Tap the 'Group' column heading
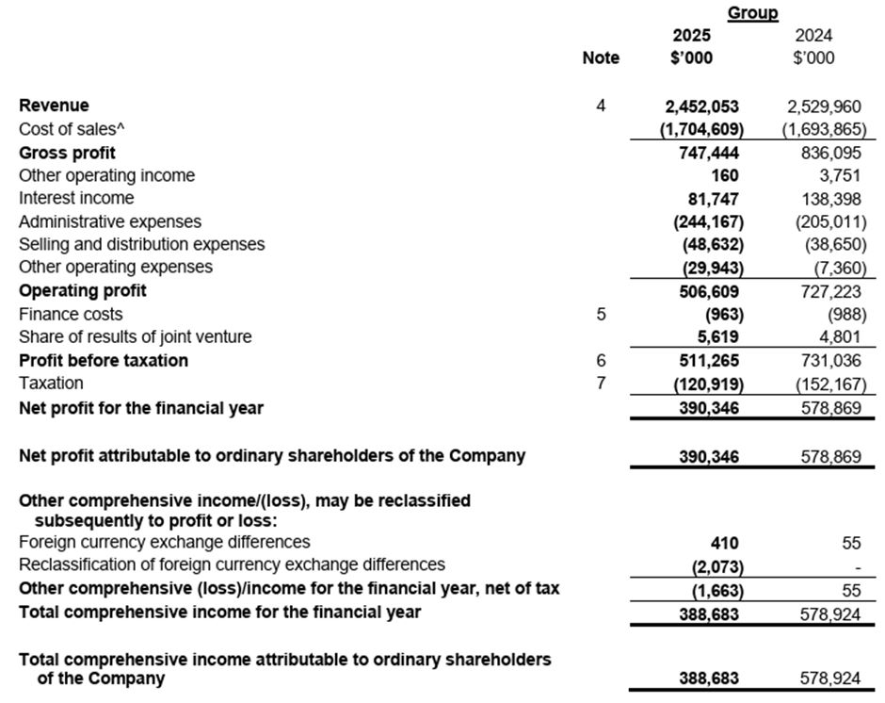pos(752,13)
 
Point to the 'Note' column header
pos(601,58)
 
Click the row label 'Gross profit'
pos(67,153)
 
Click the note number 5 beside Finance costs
pos(601,314)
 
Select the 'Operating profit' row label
pos(83,290)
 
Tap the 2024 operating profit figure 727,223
pos(825,290)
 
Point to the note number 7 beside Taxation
pos(601,384)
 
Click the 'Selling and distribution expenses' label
pos(141,244)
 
